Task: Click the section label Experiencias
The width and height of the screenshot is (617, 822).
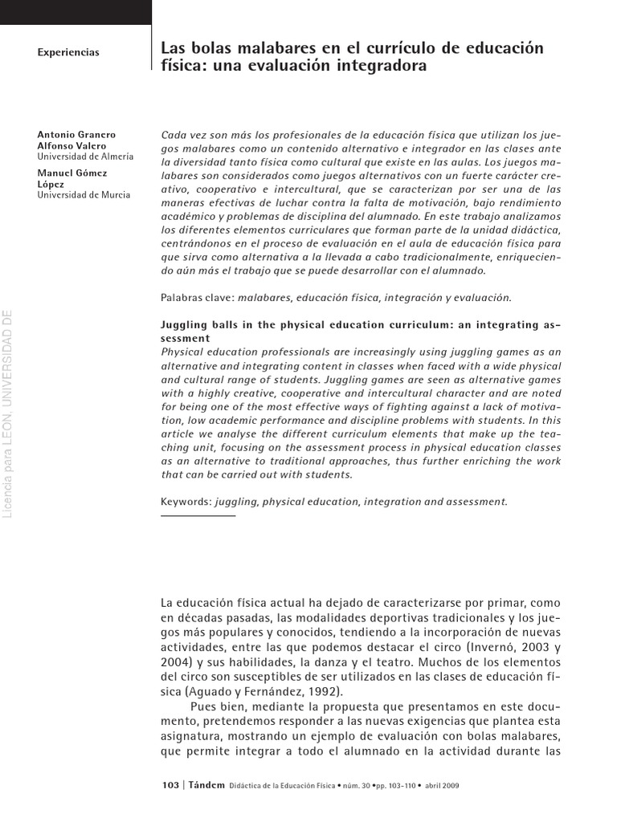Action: click(x=68, y=52)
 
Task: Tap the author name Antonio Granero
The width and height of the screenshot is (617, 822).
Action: click(x=76, y=133)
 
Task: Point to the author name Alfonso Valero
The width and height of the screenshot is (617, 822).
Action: click(x=72, y=145)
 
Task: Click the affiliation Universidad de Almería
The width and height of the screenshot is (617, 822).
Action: click(x=85, y=157)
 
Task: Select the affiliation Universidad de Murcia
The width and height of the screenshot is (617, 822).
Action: click(x=84, y=195)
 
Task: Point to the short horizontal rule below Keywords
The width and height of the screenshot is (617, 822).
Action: click(x=198, y=515)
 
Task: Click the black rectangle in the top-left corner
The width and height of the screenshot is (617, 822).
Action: click(x=75, y=12)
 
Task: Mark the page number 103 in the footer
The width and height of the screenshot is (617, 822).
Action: click(x=170, y=784)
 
